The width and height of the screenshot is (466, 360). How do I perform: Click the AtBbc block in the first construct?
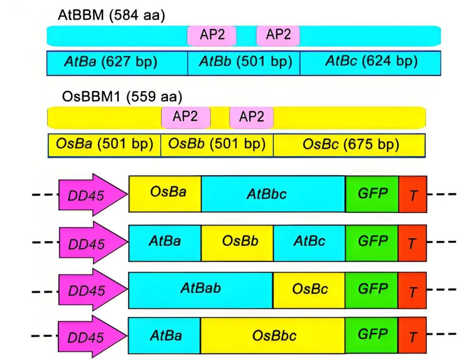tap(273, 194)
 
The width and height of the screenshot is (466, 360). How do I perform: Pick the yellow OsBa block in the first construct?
tap(165, 194)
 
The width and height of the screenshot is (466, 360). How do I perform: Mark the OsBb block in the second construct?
tap(237, 243)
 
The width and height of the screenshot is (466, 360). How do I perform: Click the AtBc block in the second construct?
tap(309, 243)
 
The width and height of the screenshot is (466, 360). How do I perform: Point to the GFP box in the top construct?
tap(372, 194)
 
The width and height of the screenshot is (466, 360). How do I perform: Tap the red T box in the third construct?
tap(412, 291)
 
